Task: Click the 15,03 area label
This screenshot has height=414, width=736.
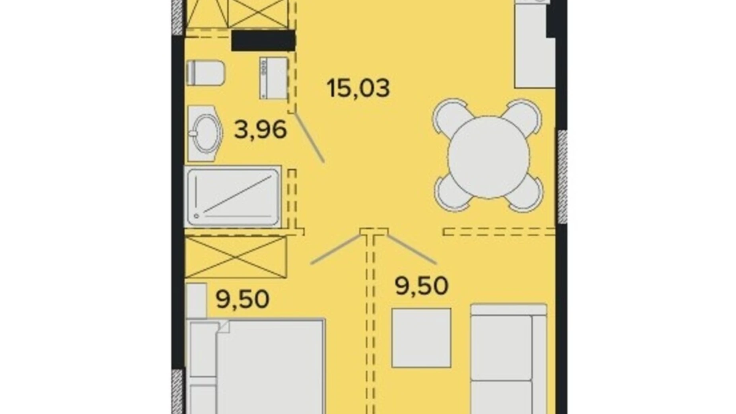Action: (x=358, y=88)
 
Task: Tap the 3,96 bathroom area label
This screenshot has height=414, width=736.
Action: (x=261, y=130)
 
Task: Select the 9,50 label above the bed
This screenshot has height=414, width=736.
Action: (x=243, y=299)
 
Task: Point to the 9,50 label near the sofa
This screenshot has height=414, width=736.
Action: (x=422, y=286)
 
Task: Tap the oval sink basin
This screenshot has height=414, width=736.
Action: (x=205, y=133)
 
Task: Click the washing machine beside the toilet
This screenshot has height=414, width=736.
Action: (x=274, y=78)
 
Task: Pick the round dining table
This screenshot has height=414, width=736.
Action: (x=489, y=157)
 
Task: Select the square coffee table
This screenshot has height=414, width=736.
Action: (x=421, y=338)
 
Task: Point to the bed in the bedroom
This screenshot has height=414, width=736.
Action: (x=256, y=366)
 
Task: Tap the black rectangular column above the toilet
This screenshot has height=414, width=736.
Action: (x=263, y=41)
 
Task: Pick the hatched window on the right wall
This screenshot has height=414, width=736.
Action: (x=562, y=177)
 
